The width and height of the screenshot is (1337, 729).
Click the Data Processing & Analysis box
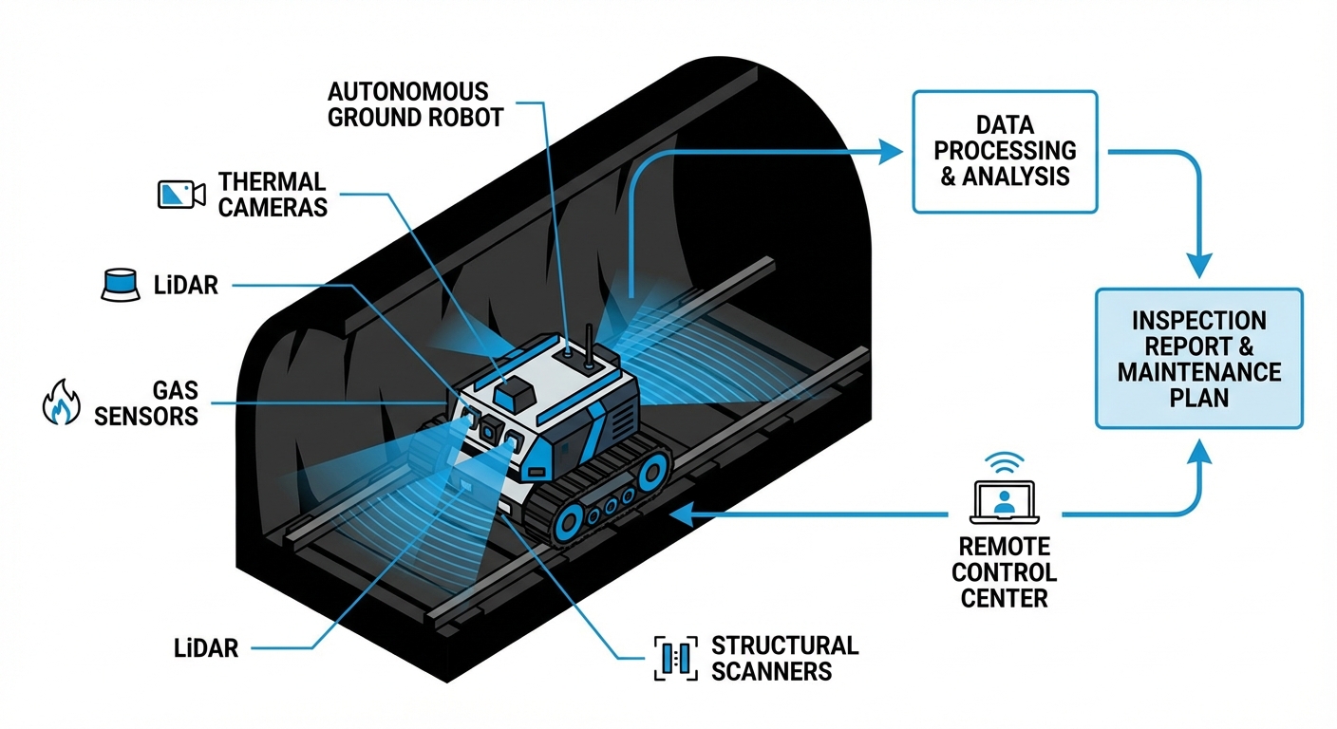pyautogui.click(x=1005, y=152)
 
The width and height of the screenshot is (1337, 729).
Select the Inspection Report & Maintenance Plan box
pyautogui.click(x=1199, y=359)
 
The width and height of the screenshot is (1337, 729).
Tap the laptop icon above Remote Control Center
pyautogui.click(x=1005, y=500)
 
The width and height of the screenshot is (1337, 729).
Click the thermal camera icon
pyautogui.click(x=180, y=194)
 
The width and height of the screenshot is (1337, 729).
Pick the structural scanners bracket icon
pyautogui.click(x=675, y=657)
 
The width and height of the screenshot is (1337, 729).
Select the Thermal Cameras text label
pyautogui.click(x=273, y=194)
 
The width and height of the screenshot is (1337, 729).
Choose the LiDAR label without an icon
pyautogui.click(x=199, y=648)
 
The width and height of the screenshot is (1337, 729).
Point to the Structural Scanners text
pyautogui.click(x=784, y=658)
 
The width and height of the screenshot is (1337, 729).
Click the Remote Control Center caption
pyautogui.click(x=1005, y=572)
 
